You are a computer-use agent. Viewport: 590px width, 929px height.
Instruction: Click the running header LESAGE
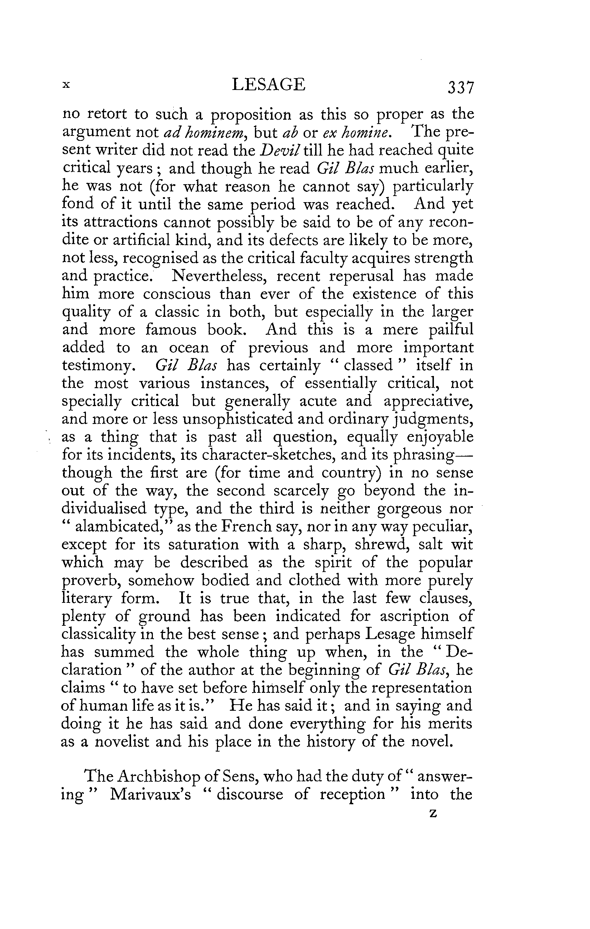[x=269, y=84]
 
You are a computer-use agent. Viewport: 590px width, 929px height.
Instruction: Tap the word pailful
[x=450, y=329]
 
